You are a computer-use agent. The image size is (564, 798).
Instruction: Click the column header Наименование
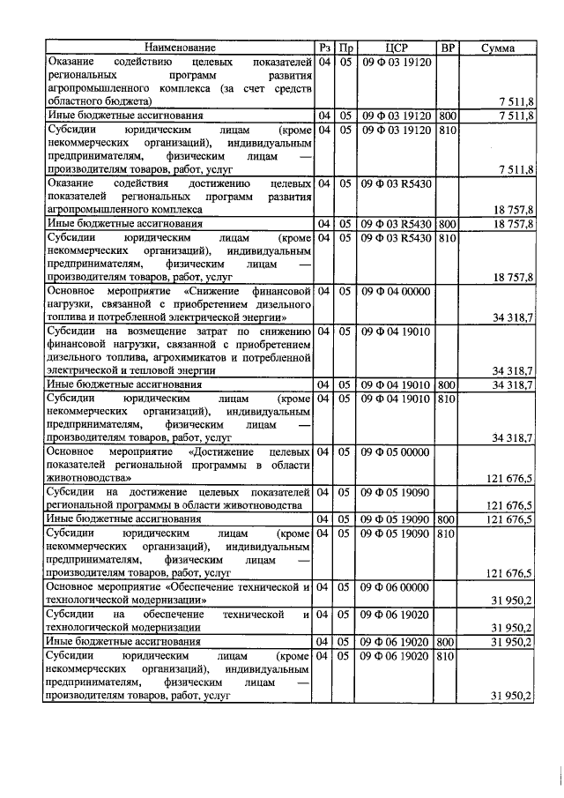(x=180, y=48)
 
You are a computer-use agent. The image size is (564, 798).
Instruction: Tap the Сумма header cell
(x=499, y=48)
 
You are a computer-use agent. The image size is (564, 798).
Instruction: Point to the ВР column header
(x=448, y=48)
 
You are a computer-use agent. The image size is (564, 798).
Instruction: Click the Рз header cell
(x=325, y=48)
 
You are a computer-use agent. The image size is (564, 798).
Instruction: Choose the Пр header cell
(x=346, y=48)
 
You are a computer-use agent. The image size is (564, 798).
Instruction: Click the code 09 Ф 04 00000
(x=395, y=289)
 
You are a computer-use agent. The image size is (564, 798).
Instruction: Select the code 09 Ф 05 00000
(x=395, y=452)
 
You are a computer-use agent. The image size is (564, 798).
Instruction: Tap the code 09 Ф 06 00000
(x=395, y=587)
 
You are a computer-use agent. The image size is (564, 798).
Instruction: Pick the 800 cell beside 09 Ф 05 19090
(x=448, y=520)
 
